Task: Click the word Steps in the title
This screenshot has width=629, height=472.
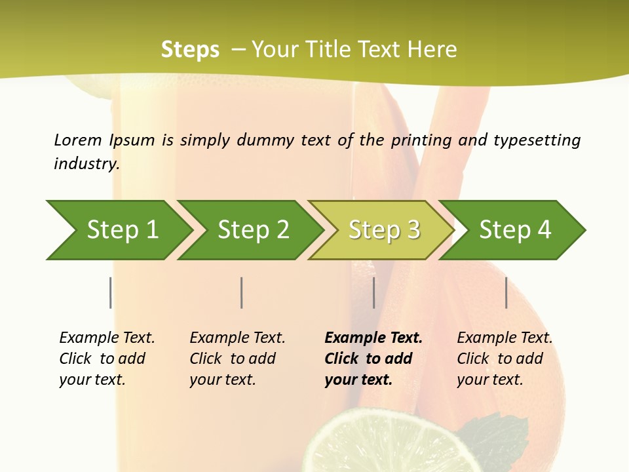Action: tap(190, 49)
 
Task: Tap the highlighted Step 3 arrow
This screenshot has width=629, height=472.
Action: tap(384, 230)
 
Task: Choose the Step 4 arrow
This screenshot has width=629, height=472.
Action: tap(515, 230)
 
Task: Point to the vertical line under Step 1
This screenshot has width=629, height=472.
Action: tap(110, 292)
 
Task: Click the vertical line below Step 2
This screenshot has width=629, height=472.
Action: tap(242, 292)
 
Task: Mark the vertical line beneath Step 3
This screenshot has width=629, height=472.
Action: tap(373, 292)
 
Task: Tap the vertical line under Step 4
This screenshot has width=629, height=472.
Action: tap(506, 292)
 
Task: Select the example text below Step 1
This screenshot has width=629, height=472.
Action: tap(107, 358)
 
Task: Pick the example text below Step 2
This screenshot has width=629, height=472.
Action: tap(237, 358)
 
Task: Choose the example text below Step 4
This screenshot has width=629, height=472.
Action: tap(505, 358)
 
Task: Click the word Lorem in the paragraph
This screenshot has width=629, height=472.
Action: tap(78, 140)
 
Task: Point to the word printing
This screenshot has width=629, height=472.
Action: tap(421, 140)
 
